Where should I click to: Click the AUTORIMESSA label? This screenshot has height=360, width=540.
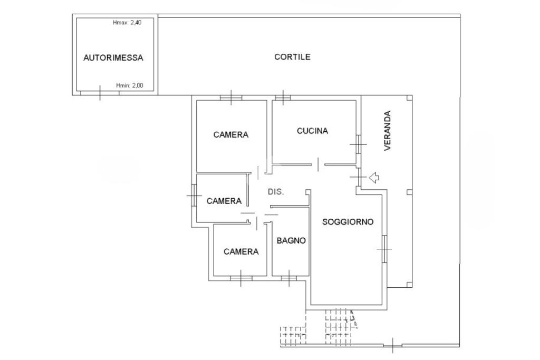click(x=113, y=57)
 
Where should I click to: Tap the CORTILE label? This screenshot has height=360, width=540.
click(x=292, y=57)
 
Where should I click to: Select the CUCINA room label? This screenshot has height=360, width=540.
click(x=312, y=131)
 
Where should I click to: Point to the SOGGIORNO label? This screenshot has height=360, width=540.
click(x=348, y=222)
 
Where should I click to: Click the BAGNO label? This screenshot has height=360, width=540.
click(x=291, y=240)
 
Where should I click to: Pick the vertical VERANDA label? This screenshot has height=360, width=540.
click(x=388, y=130)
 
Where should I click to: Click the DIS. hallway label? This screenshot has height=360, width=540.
click(x=276, y=192)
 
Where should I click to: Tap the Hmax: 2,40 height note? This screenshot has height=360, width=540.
click(x=127, y=23)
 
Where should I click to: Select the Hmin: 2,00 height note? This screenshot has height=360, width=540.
click(x=130, y=85)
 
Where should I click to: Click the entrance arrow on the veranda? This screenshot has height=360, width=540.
click(x=374, y=178)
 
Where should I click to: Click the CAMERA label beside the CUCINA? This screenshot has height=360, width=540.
click(x=231, y=134)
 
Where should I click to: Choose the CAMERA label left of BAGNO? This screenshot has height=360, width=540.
click(x=241, y=251)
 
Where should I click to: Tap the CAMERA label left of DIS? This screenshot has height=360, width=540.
click(x=224, y=201)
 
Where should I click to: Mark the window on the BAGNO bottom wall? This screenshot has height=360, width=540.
click(x=289, y=278)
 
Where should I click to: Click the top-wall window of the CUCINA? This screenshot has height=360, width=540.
click(x=283, y=98)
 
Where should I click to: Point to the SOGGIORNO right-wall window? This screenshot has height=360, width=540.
click(x=384, y=248)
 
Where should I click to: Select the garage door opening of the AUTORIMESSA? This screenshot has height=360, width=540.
click(x=100, y=93)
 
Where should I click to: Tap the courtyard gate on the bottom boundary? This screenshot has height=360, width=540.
click(x=392, y=345)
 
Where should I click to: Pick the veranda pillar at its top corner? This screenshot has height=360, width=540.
click(x=409, y=98)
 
